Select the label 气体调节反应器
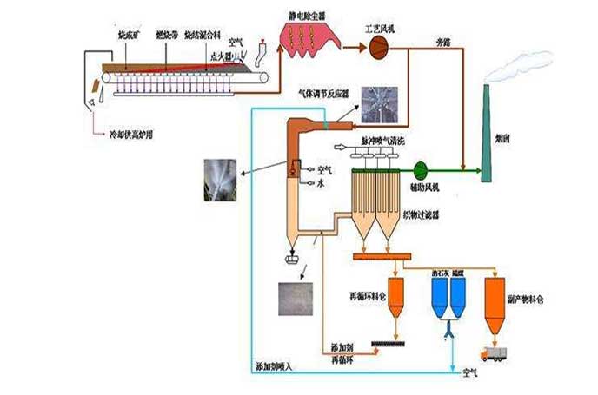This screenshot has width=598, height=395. point(322,90)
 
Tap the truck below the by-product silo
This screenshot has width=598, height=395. point(495,352)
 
